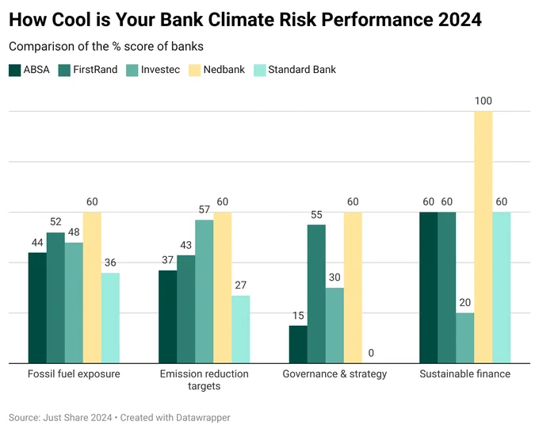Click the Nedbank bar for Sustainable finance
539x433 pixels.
click(x=484, y=237)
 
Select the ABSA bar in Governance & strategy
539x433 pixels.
click(x=298, y=344)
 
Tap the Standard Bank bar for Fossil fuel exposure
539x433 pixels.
click(x=110, y=318)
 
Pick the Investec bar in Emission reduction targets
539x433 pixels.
click(x=205, y=291)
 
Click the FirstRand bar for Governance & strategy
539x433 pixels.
click(x=316, y=294)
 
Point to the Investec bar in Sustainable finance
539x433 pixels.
click(x=465, y=338)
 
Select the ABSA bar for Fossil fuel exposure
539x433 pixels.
click(x=37, y=308)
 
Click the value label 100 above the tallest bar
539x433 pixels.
click(x=484, y=101)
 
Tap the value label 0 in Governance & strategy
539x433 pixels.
click(x=371, y=353)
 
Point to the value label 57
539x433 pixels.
click(x=205, y=209)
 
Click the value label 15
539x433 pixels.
click(x=298, y=316)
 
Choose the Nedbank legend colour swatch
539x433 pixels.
click(x=195, y=70)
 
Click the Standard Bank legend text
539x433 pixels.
click(x=302, y=70)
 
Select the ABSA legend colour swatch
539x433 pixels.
click(x=15, y=70)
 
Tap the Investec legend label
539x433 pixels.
click(x=160, y=70)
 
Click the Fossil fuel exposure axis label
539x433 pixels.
click(x=74, y=374)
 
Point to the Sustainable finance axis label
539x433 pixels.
click(x=465, y=374)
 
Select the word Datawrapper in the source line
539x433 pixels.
click(x=203, y=417)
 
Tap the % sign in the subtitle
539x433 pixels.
click(x=117, y=47)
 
